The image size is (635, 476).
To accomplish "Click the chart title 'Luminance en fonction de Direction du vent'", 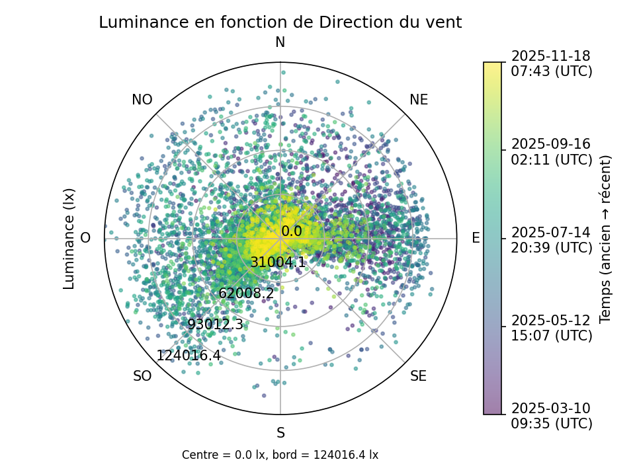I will (x=280, y=22).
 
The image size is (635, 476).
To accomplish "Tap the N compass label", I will (x=280, y=43).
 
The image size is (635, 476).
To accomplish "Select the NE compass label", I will (x=419, y=100).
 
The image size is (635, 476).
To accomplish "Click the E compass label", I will (x=476, y=238).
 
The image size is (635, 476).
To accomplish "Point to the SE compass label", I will (x=418, y=376).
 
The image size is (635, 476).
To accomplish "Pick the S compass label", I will (x=280, y=433).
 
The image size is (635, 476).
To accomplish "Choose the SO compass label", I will (x=142, y=376).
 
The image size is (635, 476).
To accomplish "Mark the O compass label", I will (x=85, y=238).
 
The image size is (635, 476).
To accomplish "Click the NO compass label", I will (x=142, y=100).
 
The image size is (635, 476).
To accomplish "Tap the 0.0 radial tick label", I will (x=292, y=231).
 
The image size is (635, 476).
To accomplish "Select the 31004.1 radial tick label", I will (x=278, y=262).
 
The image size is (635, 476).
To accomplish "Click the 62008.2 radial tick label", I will (x=246, y=294).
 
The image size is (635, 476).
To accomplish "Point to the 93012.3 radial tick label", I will (x=215, y=325).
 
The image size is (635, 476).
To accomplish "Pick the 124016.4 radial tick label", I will (x=189, y=356).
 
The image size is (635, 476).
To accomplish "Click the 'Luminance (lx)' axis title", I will (x=69, y=239).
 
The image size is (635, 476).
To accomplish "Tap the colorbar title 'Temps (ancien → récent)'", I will (x=605, y=239).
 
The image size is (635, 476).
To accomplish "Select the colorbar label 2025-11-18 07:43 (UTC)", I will (x=551, y=63).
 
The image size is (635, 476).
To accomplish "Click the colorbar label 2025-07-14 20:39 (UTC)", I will (x=551, y=239).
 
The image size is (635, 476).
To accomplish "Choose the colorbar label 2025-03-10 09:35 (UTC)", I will (x=551, y=415).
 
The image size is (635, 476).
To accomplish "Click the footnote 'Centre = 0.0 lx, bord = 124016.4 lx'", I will (x=280, y=455).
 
